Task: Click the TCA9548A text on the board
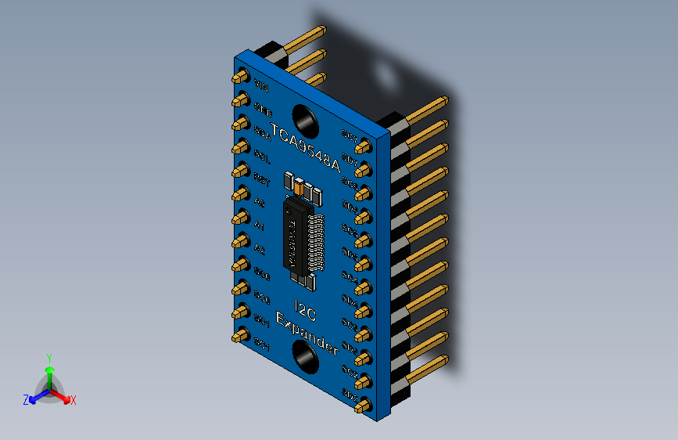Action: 305,148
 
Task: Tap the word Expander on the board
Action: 308,333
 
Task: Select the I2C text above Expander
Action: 305,308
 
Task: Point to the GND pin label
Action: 263,108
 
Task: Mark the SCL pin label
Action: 263,157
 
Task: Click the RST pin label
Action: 263,180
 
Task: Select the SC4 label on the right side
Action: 350,280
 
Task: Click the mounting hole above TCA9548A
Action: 304,120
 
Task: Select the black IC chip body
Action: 296,237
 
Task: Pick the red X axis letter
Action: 73,400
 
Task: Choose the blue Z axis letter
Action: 26,399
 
